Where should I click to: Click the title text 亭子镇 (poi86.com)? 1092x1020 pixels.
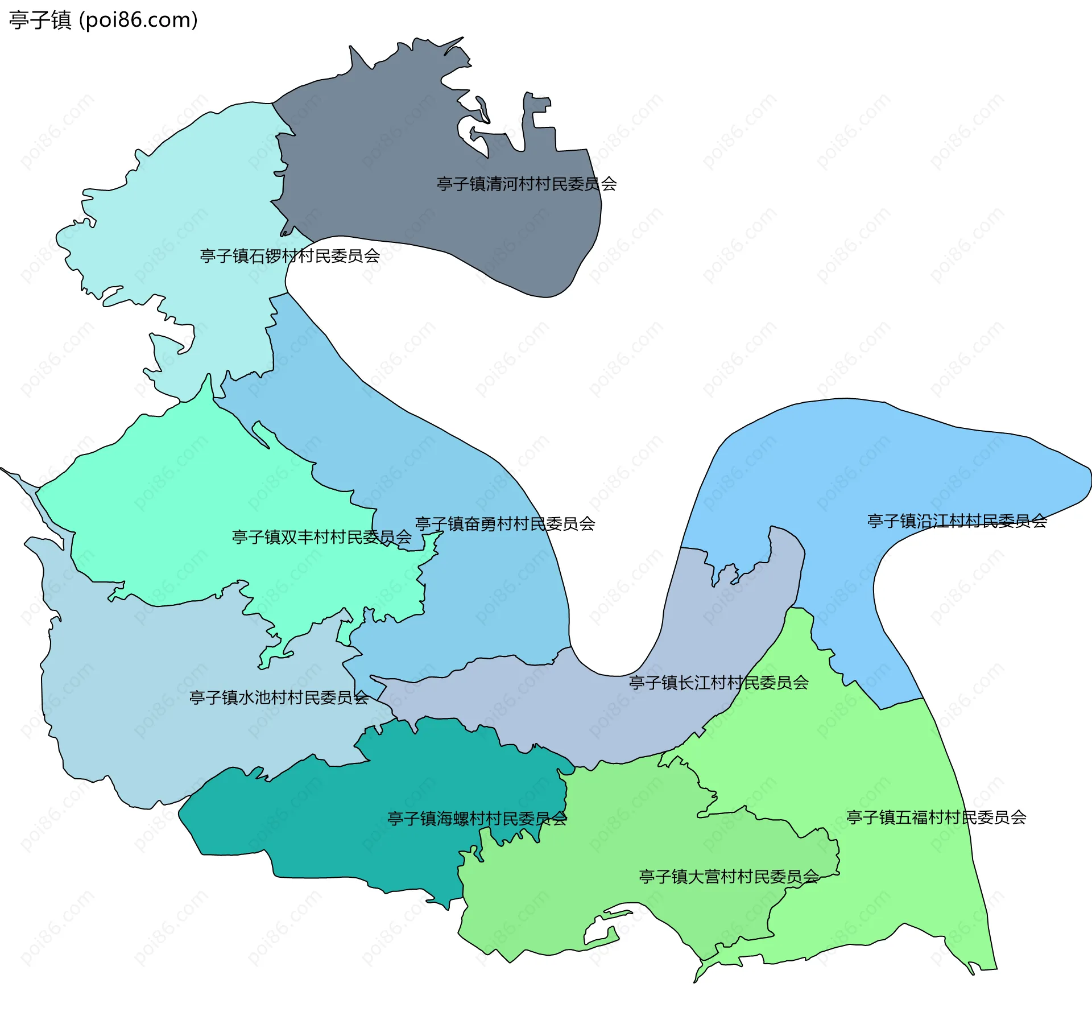103,20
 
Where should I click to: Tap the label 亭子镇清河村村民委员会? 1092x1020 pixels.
527,184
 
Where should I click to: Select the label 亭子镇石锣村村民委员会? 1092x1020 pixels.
290,256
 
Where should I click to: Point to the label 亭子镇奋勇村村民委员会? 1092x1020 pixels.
505,524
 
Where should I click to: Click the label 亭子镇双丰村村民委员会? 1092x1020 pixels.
322,537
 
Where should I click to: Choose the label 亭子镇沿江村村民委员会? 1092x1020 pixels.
957,521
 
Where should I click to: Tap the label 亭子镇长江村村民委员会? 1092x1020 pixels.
719,683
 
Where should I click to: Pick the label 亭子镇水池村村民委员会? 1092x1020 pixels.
279,697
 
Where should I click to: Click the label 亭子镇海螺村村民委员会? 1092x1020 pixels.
477,819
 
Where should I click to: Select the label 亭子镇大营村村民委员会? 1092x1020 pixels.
729,877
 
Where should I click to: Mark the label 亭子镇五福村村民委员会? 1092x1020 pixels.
937,817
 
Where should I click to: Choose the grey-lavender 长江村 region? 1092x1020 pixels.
569,711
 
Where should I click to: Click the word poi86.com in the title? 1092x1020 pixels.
138,20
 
